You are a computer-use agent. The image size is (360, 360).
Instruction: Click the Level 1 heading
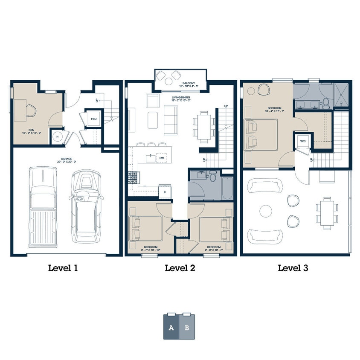coord(63,268)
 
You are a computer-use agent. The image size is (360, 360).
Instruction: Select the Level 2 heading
coord(180,268)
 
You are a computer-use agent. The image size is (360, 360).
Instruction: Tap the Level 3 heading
coord(293,268)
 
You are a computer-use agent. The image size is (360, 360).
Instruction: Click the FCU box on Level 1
coord(93,119)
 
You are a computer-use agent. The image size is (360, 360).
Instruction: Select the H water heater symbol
coord(57,137)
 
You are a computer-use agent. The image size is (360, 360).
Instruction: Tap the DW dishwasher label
coord(162,158)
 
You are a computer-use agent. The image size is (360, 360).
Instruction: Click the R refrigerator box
coord(165,192)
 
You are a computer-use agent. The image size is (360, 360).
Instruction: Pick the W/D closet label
coord(302,141)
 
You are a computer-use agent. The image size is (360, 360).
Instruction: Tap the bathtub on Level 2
coord(227,188)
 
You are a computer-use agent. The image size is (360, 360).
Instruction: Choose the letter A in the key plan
coord(171,328)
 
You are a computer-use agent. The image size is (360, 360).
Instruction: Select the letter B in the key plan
coord(187,328)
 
